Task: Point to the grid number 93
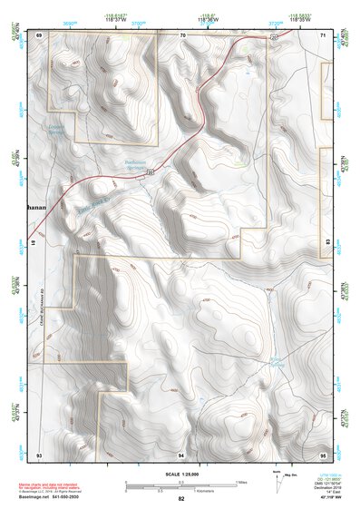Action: [x=39, y=453]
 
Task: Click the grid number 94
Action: [x=181, y=453]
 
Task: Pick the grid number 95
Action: [x=324, y=453]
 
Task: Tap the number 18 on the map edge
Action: [x=35, y=244]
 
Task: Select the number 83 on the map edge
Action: [x=326, y=244]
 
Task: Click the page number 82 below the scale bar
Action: [x=181, y=499]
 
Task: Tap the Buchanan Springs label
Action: [x=136, y=164]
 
